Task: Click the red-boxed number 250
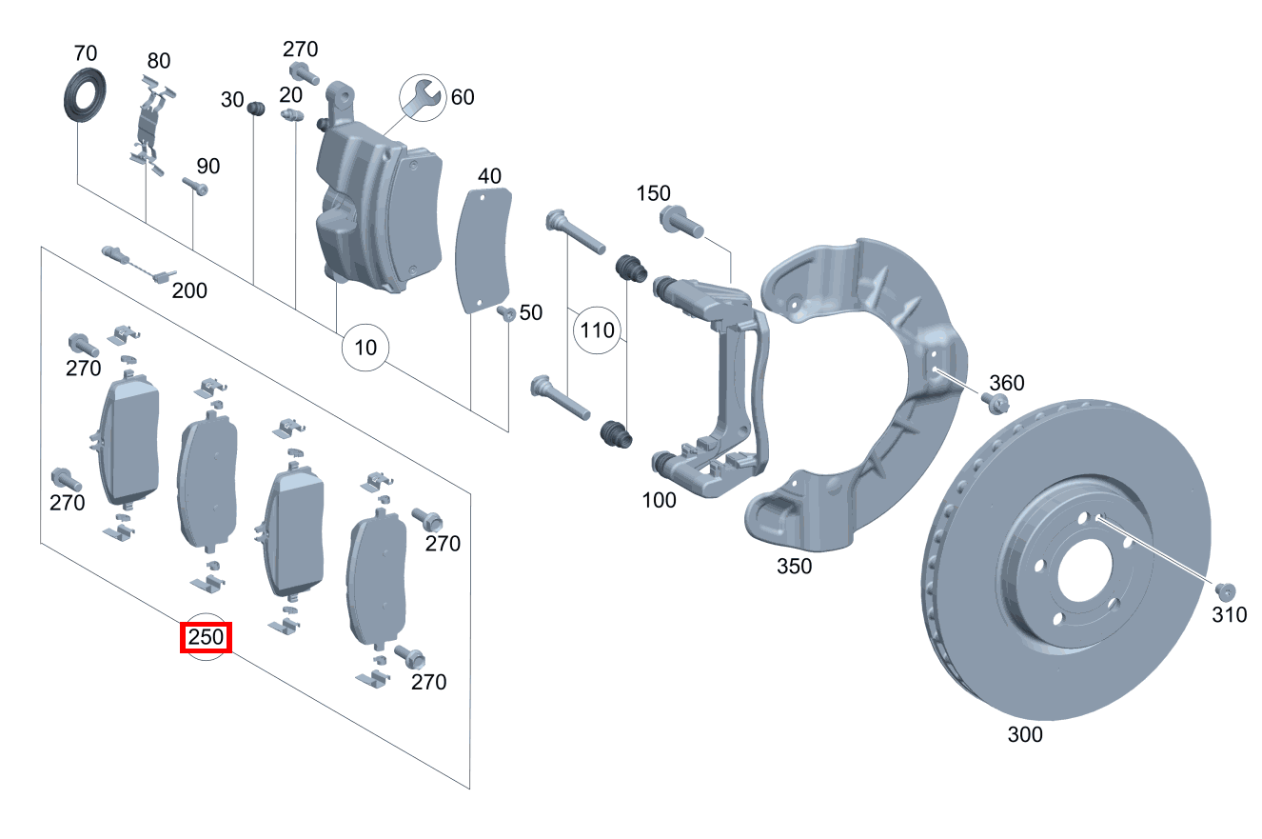(x=206, y=637)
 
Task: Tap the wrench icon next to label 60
(x=424, y=98)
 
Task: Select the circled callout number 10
(x=365, y=348)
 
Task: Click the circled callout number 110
(x=597, y=330)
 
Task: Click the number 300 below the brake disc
(x=1025, y=734)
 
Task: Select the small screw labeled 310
(x=1225, y=592)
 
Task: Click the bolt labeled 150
(x=681, y=222)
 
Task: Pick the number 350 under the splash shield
(x=795, y=566)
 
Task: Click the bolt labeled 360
(x=995, y=403)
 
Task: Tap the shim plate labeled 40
(x=483, y=250)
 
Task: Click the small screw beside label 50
(x=506, y=313)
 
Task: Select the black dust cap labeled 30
(x=256, y=109)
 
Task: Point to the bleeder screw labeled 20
(x=292, y=115)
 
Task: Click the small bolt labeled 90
(x=195, y=186)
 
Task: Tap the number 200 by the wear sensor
(x=189, y=291)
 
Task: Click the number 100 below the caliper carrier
(x=660, y=500)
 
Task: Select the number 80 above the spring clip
(x=159, y=61)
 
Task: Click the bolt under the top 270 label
(x=305, y=74)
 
